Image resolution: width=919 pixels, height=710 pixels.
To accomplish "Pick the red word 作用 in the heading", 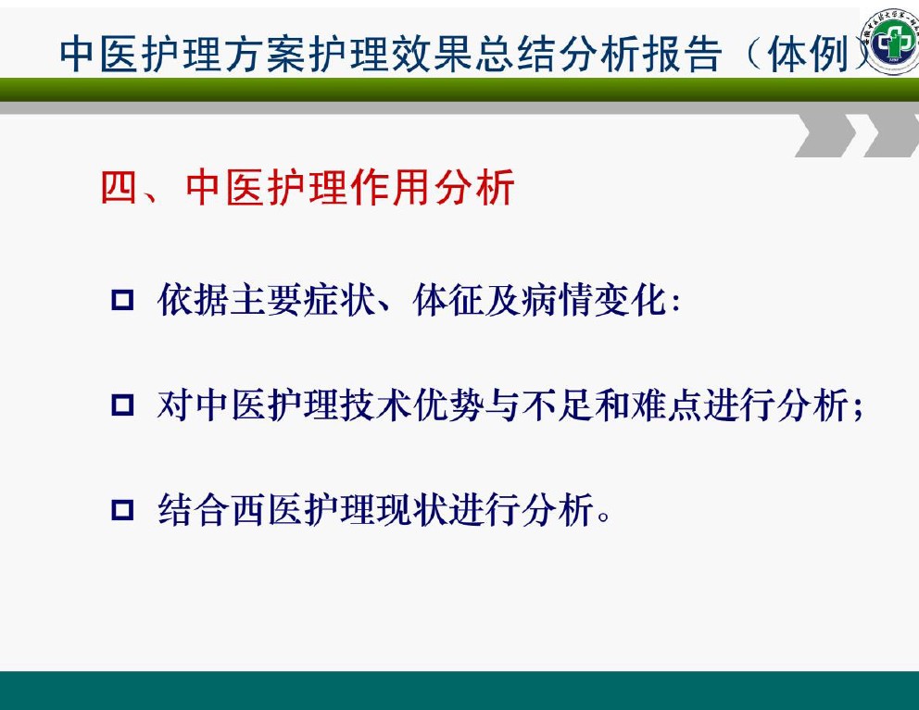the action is tap(390, 188).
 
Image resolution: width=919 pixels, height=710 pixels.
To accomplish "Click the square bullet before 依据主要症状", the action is tap(122, 300).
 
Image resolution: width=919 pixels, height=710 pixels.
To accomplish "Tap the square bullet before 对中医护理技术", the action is tap(122, 405).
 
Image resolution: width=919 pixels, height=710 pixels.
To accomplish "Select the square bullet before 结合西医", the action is tap(122, 510).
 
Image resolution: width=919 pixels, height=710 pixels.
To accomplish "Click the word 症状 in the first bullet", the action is tap(339, 300).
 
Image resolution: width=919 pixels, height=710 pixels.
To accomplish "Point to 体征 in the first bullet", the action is tap(448, 300).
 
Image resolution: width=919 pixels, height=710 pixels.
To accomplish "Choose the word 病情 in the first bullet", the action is tap(557, 300).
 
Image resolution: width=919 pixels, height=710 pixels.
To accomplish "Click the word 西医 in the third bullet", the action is tap(267, 510).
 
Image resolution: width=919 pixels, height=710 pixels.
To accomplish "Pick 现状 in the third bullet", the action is tap(412, 510).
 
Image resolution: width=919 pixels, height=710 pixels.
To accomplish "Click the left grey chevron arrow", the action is tap(826, 135).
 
